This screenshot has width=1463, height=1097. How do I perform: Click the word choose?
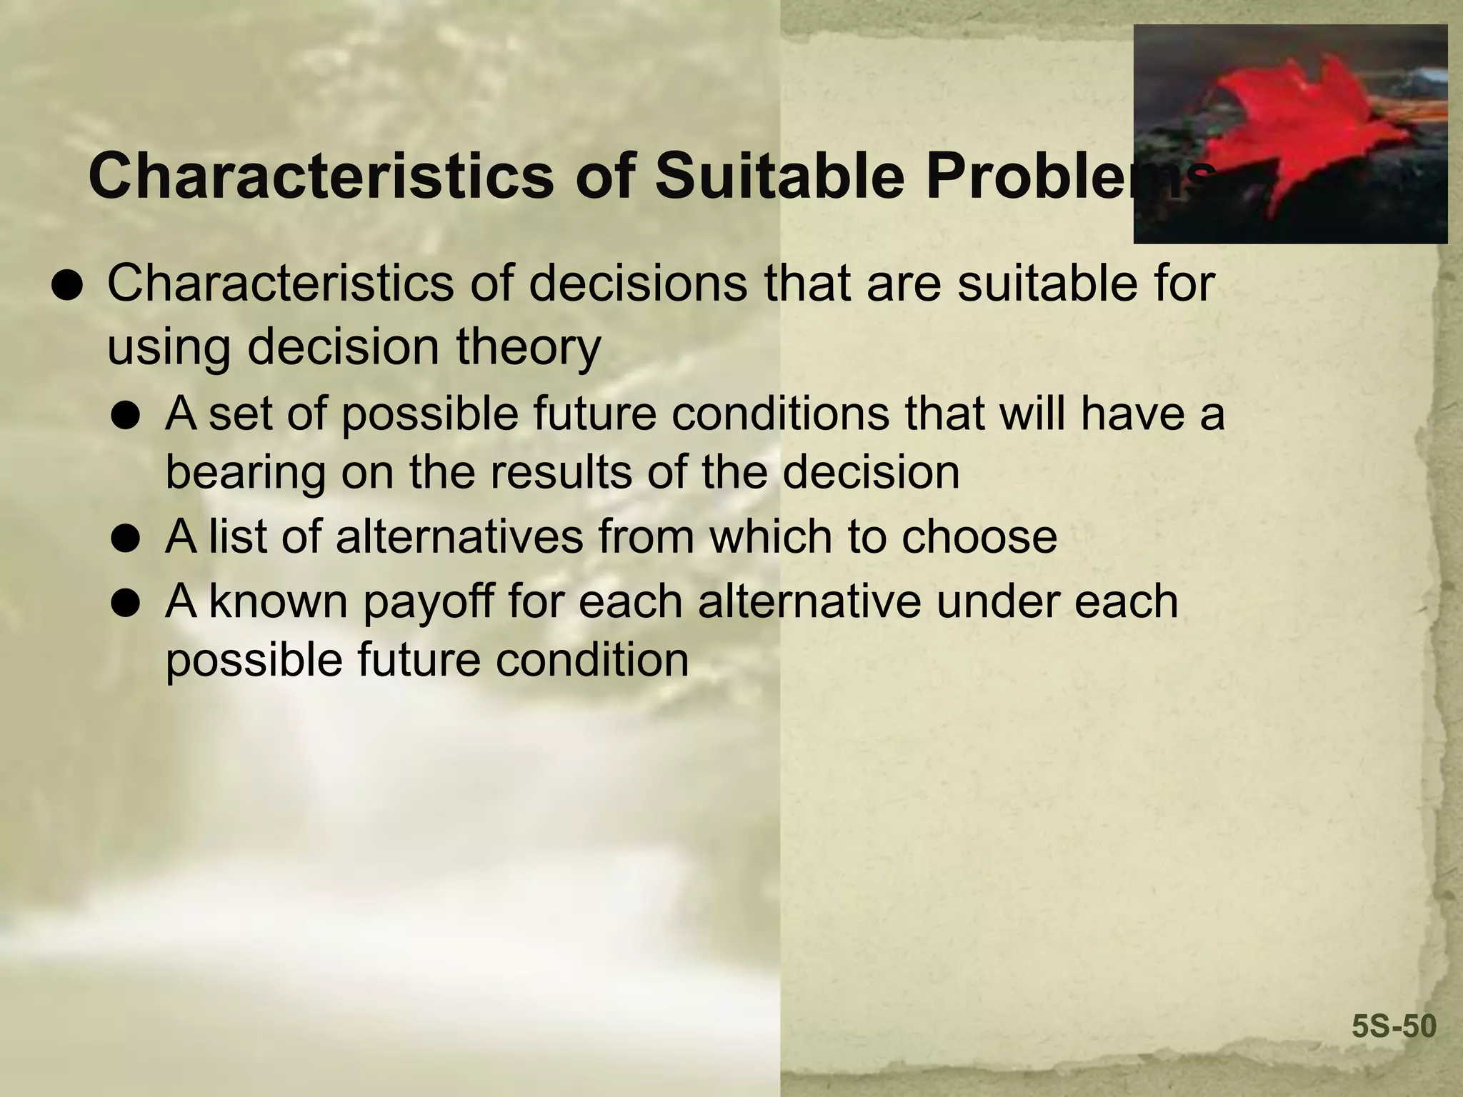[978, 536]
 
